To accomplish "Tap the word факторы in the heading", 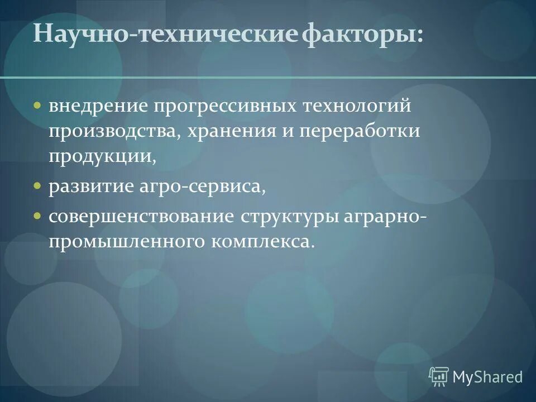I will [x=363, y=35].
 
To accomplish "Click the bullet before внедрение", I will [x=37, y=105].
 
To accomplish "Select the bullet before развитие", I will [x=37, y=185].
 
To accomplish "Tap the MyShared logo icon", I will [x=439, y=376].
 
